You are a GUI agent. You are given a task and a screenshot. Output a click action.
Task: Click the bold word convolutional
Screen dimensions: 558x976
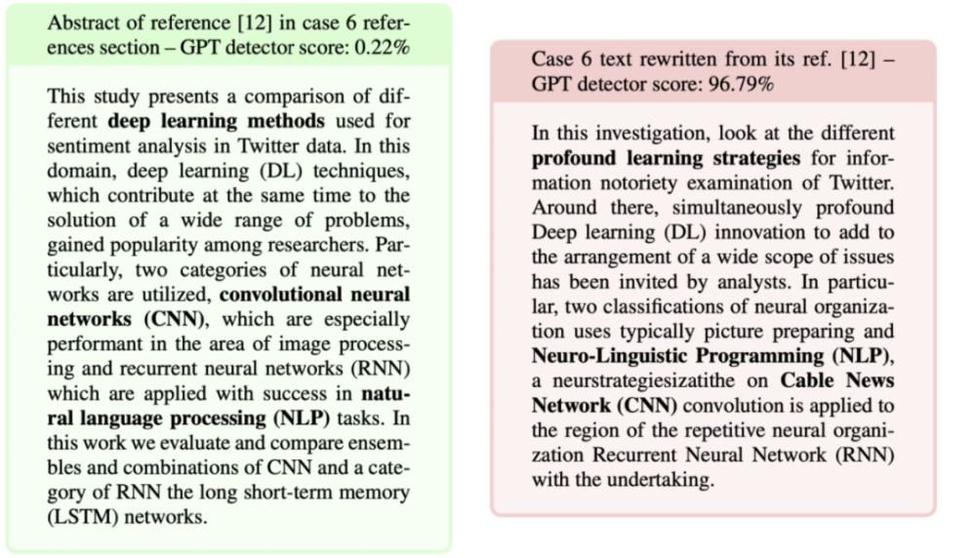pos(290,294)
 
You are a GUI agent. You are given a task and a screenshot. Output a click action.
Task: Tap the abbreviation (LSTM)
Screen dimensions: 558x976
pos(82,516)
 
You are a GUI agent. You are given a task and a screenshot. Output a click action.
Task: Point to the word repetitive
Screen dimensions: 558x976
pos(695,429)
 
